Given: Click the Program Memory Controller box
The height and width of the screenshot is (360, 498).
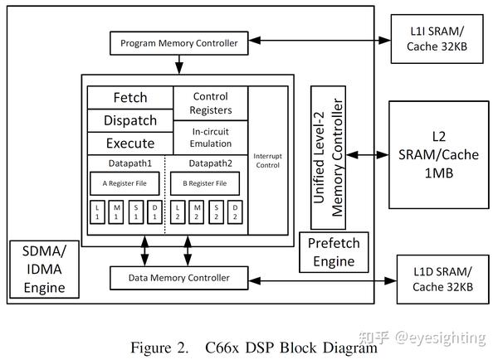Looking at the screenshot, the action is click(178, 43).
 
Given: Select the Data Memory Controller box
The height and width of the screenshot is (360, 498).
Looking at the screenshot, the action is click(178, 278).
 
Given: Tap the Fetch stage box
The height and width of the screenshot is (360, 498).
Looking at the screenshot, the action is click(130, 97).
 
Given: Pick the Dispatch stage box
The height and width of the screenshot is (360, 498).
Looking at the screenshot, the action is click(130, 120).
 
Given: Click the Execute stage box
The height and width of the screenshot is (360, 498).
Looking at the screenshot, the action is click(130, 144).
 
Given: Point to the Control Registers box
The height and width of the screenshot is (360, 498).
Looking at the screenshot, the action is click(211, 103).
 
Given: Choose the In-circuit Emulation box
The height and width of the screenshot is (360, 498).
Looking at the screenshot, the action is click(211, 138).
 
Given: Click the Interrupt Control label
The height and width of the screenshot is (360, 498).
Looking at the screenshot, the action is click(268, 161).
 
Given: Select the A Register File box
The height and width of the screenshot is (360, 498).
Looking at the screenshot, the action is click(124, 183).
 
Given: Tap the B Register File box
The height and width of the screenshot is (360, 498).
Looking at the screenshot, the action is click(205, 183).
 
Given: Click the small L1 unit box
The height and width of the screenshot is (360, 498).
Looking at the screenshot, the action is click(97, 212).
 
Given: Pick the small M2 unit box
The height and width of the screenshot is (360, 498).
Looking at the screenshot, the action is click(196, 212).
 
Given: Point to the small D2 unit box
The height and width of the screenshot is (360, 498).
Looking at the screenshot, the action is click(235, 212).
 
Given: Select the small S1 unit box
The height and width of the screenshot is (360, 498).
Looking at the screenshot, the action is click(136, 212).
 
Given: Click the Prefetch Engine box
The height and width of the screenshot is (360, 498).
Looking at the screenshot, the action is click(334, 252).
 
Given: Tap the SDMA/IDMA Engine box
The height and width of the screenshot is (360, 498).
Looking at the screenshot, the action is click(45, 270).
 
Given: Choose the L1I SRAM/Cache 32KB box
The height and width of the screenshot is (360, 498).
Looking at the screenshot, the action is click(437, 39).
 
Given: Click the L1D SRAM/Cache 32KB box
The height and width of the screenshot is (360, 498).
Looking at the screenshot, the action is click(442, 280).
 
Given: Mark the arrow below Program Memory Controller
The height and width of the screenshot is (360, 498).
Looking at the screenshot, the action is click(179, 65).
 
